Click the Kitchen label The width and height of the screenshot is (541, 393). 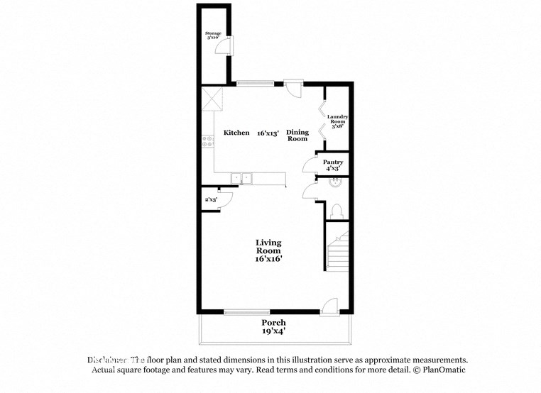pos(236,133)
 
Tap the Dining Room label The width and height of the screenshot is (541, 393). pos(297,135)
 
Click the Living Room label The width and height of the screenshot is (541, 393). pos(268,250)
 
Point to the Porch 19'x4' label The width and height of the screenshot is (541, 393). pos(273,326)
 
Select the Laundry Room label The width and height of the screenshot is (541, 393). pos(338,121)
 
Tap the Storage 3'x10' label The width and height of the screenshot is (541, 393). pos(213,35)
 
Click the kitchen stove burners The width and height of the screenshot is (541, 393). pos(208,141)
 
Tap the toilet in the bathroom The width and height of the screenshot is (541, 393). pos(337,211)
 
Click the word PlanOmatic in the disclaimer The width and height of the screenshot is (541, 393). pos(442,370)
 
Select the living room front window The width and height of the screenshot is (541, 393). pos(246,311)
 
